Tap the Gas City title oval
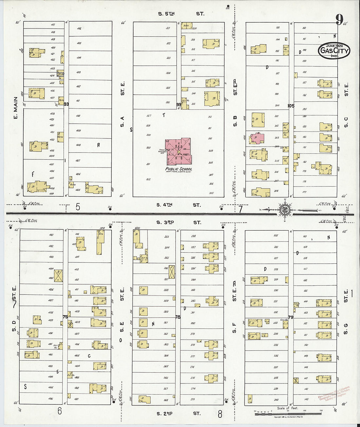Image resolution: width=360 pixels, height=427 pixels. click(x=334, y=51)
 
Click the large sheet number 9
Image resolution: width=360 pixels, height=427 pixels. click(x=339, y=20)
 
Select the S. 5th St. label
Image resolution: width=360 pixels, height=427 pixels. click(x=181, y=14)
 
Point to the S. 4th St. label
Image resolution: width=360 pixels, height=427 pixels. click(x=178, y=205)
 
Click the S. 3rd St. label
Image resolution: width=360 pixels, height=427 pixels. click(x=179, y=222)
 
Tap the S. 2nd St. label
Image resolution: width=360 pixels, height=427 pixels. click(x=178, y=414)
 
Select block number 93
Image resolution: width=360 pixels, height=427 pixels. click(x=66, y=104)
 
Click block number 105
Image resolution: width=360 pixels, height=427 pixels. click(x=291, y=106)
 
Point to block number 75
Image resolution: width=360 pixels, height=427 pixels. click(x=65, y=317)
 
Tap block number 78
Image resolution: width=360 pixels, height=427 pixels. click(x=178, y=317)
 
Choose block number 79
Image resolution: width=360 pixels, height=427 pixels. click(x=291, y=317)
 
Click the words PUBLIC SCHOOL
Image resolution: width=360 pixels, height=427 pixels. click(x=179, y=169)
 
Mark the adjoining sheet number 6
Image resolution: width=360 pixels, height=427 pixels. click(x=60, y=411)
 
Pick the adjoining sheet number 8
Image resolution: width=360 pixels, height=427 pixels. click(x=220, y=414)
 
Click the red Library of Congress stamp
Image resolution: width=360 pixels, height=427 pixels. click(x=334, y=393)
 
